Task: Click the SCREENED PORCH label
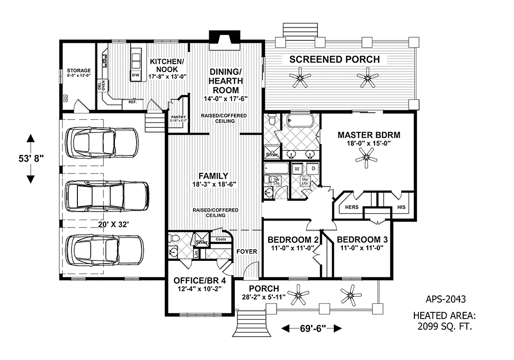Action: pyautogui.click(x=334, y=59)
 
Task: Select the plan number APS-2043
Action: pyautogui.click(x=446, y=299)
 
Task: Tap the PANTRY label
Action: pyautogui.click(x=176, y=118)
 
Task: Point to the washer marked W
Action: pyautogui.click(x=297, y=169)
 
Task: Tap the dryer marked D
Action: pyautogui.click(x=313, y=169)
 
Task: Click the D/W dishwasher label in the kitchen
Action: pyautogui.click(x=136, y=75)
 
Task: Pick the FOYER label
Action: pyautogui.click(x=247, y=251)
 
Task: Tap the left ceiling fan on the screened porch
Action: pyautogui.click(x=300, y=80)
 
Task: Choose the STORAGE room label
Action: pyautogui.click(x=78, y=71)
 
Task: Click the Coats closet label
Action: pyautogui.click(x=220, y=239)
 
